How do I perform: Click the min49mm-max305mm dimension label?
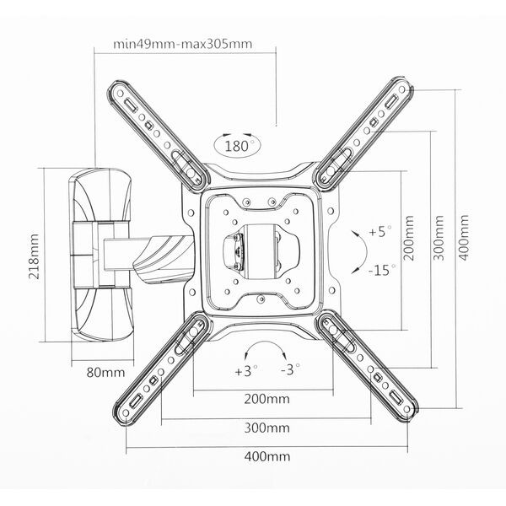(x=183, y=44)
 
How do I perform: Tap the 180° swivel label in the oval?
(x=237, y=146)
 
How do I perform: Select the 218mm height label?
(x=34, y=256)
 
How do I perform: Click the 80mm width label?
(x=105, y=373)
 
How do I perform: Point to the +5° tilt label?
(x=380, y=231)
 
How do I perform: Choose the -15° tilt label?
(x=382, y=270)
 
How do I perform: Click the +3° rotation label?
(x=246, y=371)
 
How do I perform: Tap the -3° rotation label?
(x=290, y=369)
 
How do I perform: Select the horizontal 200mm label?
(x=266, y=399)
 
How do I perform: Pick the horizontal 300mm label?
(x=266, y=428)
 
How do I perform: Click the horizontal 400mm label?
(x=266, y=456)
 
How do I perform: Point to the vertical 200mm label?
(x=409, y=238)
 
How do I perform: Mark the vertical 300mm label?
(x=439, y=238)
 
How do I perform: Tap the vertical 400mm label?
(x=464, y=238)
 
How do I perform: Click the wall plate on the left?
(x=100, y=255)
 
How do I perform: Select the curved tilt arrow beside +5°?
(x=366, y=251)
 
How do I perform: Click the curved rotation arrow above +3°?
(x=266, y=343)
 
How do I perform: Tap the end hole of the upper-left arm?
(x=120, y=94)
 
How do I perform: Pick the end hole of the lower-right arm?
(x=407, y=409)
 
